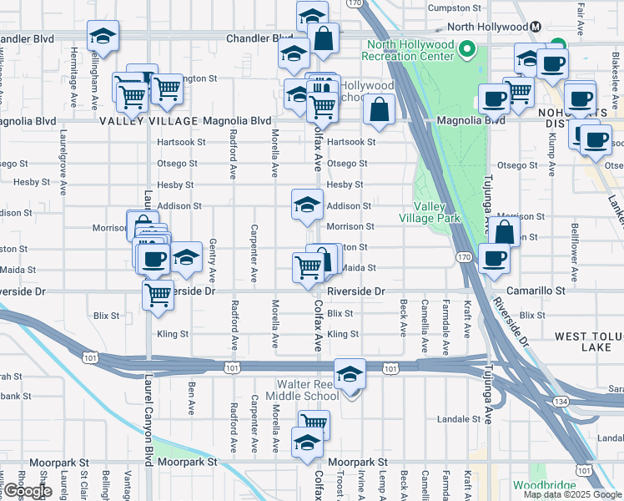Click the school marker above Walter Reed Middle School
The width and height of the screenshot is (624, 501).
[x=350, y=372]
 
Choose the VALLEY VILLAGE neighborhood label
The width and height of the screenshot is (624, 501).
[x=148, y=121]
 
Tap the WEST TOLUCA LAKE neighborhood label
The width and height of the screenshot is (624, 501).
[x=587, y=341]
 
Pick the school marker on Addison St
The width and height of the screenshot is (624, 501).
[x=307, y=204]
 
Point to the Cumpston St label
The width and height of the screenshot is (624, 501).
[x=455, y=8]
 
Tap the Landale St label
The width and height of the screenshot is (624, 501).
[x=455, y=419]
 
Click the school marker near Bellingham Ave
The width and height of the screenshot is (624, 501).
[x=103, y=36]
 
